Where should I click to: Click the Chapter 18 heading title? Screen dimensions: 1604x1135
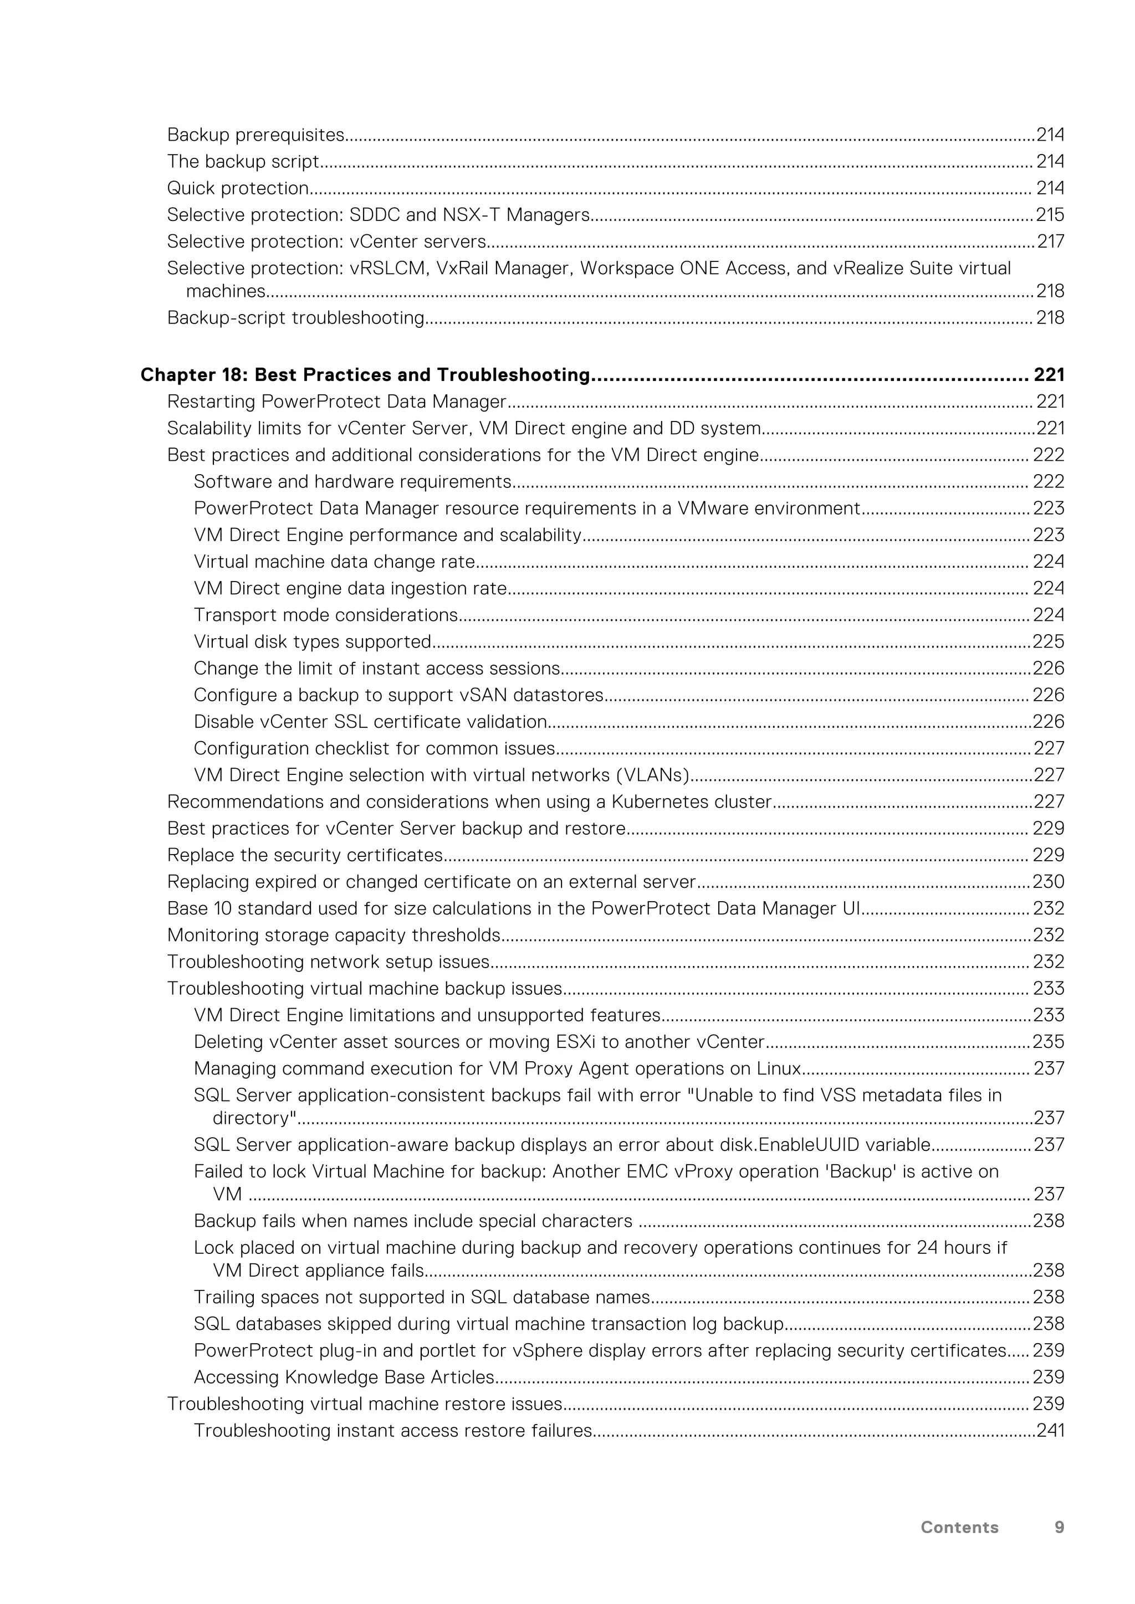[365, 375]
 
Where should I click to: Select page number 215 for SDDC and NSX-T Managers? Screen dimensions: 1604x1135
[1050, 214]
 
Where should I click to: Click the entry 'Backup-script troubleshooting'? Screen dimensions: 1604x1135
[295, 318]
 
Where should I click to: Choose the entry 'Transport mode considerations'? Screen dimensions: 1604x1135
[326, 615]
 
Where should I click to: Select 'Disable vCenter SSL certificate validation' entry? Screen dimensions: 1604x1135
[370, 722]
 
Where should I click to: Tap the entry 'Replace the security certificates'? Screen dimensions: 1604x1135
[305, 855]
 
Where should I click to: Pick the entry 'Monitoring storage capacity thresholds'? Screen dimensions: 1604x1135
[334, 935]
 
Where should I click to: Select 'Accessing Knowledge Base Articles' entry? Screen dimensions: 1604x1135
[344, 1377]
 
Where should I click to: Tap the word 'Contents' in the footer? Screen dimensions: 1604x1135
[959, 1527]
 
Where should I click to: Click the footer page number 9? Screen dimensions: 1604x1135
[1059, 1527]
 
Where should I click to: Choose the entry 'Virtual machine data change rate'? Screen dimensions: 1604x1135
[334, 562]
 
